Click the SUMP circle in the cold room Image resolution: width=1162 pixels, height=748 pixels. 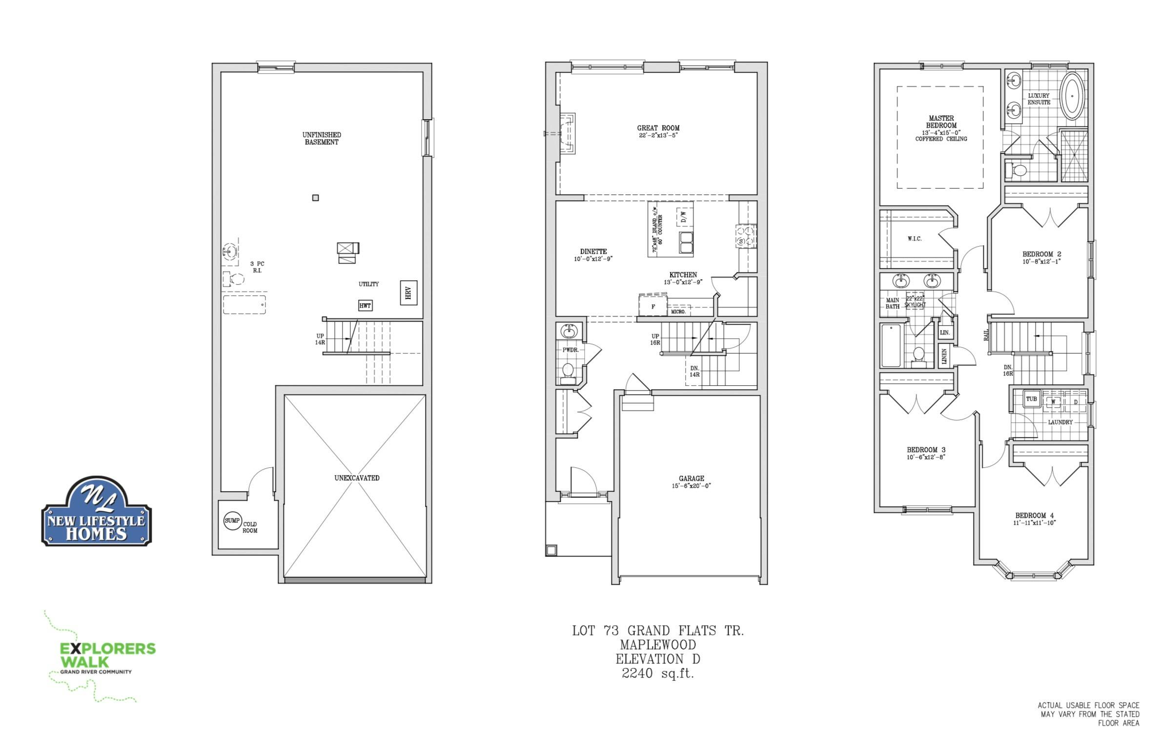(x=232, y=520)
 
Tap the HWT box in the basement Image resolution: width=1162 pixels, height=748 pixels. (x=365, y=306)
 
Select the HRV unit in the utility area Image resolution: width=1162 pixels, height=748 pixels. (x=408, y=292)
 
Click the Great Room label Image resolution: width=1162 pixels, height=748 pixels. (x=658, y=128)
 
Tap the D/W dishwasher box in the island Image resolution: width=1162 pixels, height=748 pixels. (x=683, y=216)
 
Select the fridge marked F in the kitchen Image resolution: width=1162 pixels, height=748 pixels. (x=653, y=306)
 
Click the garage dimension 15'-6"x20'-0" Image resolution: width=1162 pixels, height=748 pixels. (x=691, y=486)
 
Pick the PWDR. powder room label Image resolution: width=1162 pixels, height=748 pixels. (x=570, y=350)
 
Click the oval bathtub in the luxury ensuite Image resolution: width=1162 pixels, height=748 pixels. (x=1072, y=96)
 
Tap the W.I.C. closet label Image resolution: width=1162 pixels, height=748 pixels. (x=915, y=239)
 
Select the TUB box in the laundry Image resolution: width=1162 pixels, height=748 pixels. (x=1031, y=399)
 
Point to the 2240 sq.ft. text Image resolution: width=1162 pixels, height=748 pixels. (x=658, y=673)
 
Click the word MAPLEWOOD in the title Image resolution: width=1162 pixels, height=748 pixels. (x=658, y=644)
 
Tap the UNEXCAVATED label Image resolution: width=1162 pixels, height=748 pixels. (x=357, y=478)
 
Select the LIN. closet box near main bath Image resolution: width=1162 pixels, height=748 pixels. (x=945, y=332)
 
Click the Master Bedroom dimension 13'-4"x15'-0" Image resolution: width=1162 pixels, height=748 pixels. (x=941, y=132)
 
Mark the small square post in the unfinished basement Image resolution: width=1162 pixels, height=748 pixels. (x=315, y=198)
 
